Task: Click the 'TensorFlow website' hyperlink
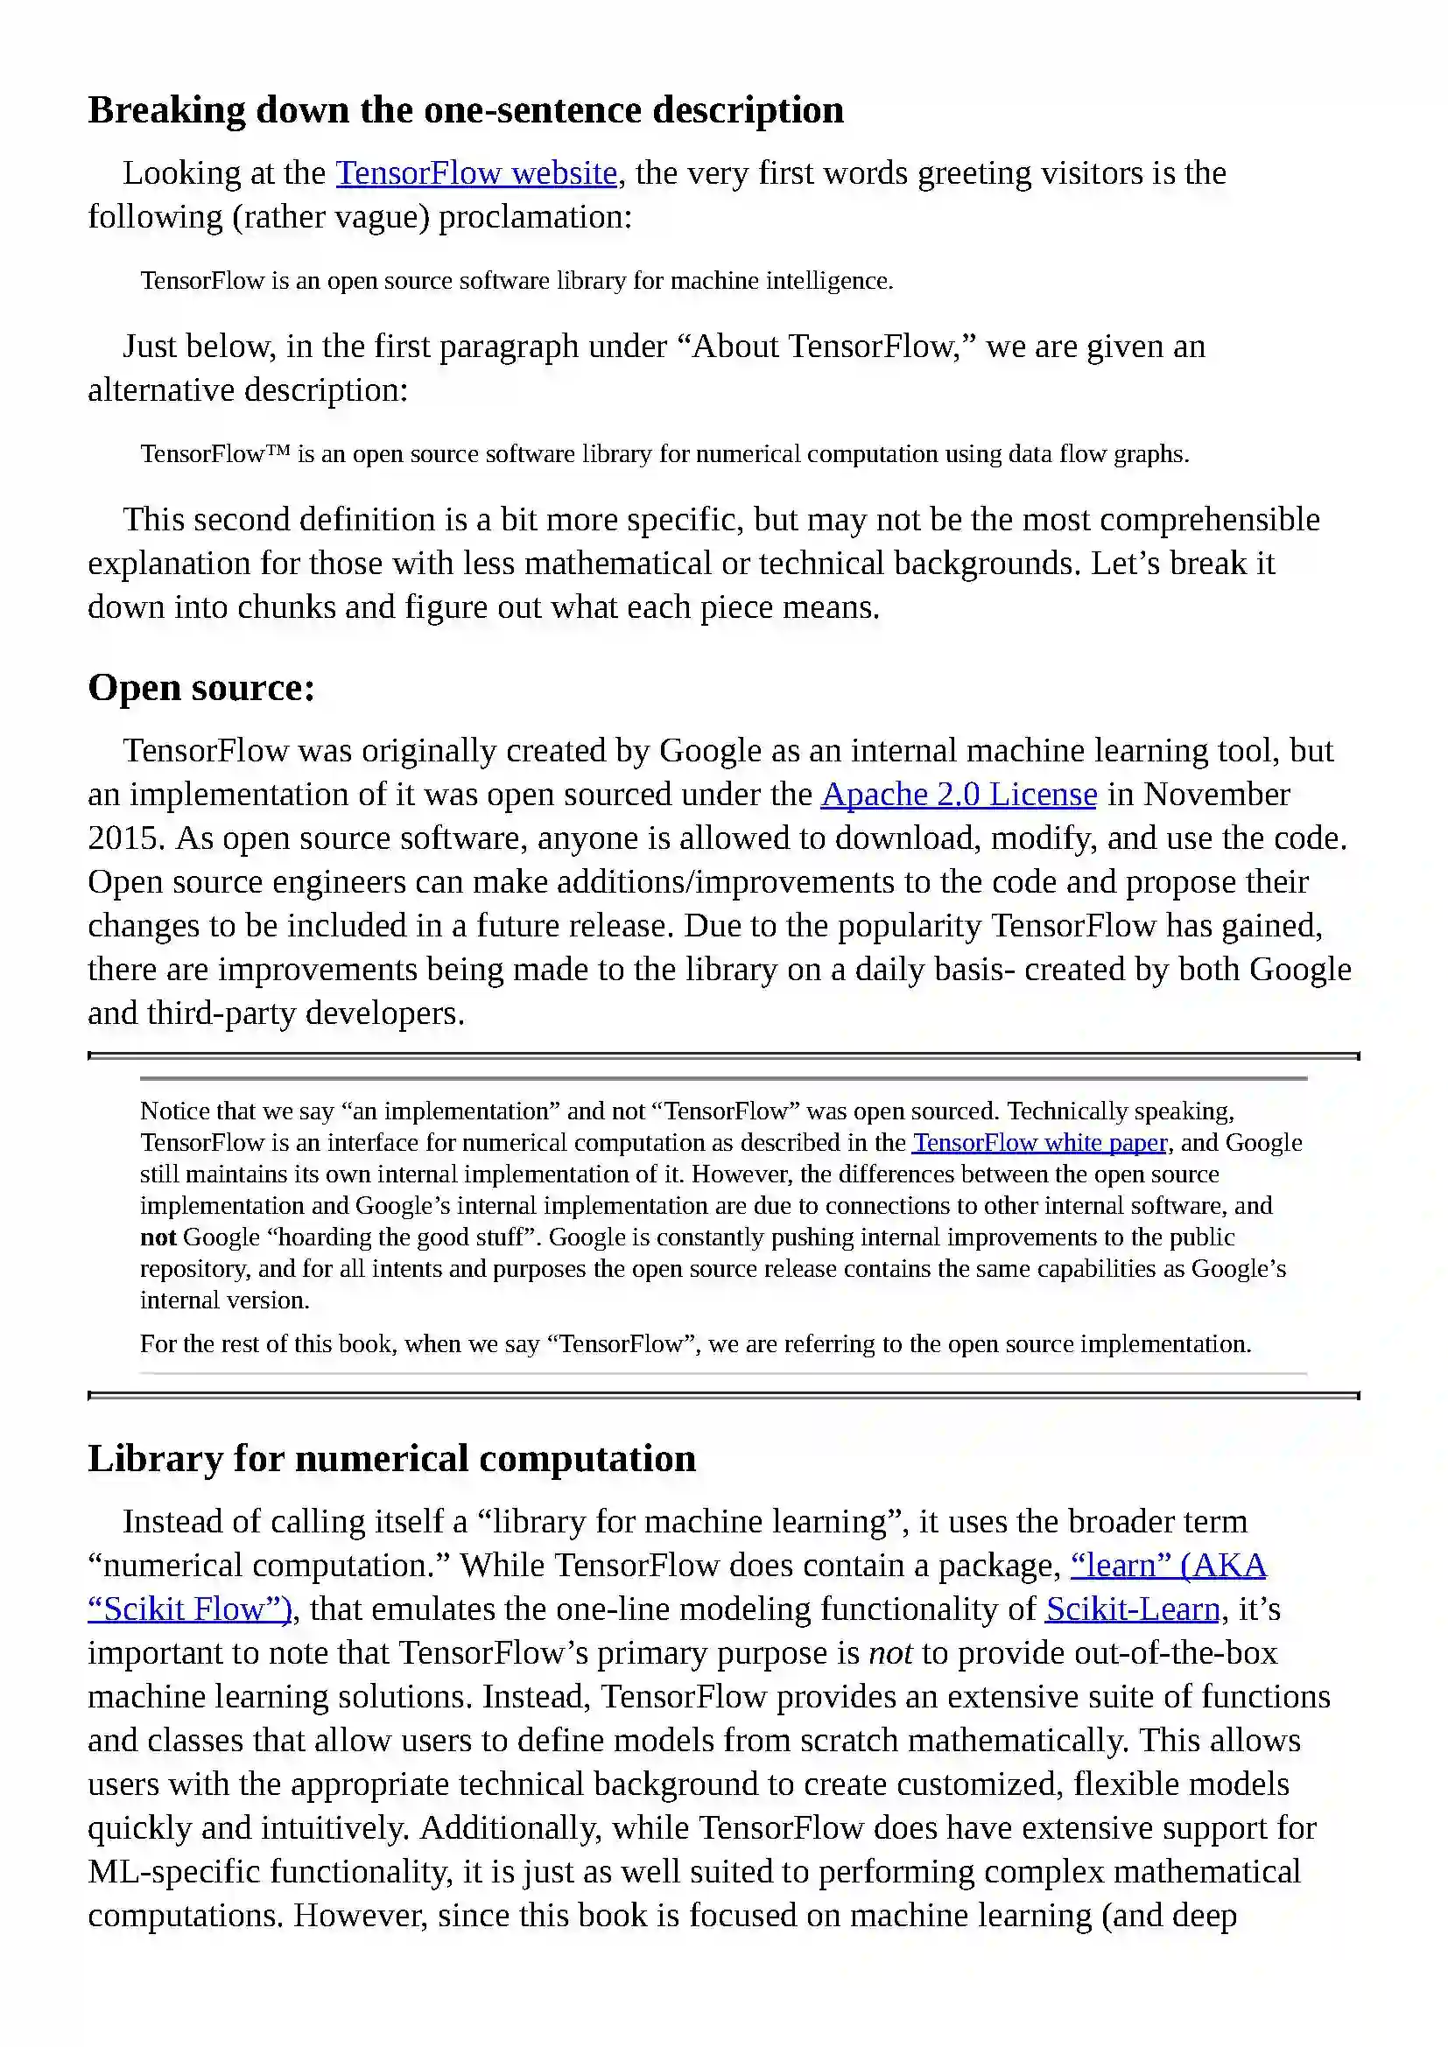[x=476, y=173]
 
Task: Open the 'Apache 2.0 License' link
[x=959, y=795]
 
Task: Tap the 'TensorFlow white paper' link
[x=1040, y=1143]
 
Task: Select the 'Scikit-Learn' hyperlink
[x=1132, y=1609]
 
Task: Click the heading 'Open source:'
[x=201, y=687]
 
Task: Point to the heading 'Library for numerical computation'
[x=391, y=1459]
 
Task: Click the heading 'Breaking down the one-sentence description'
[x=466, y=110]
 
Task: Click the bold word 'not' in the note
[x=158, y=1237]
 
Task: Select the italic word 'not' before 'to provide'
[x=889, y=1653]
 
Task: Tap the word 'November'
[x=1216, y=795]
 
